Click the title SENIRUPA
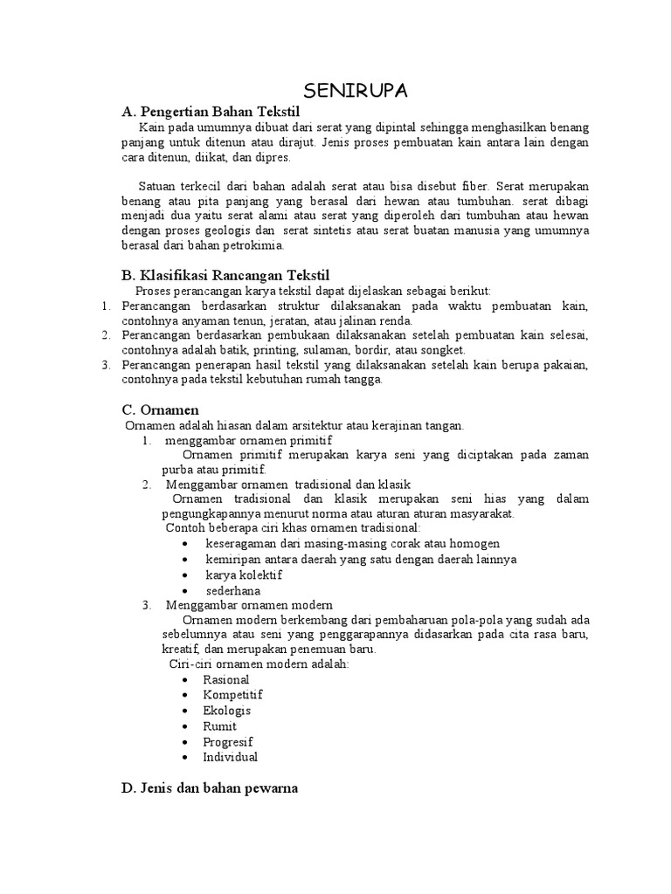click(356, 92)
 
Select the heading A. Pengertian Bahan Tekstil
click(211, 113)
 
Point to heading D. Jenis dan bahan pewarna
click(210, 787)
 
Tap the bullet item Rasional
click(226, 679)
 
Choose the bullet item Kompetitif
click(233, 695)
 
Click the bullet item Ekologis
click(227, 711)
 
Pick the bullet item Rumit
click(220, 726)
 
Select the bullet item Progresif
click(228, 742)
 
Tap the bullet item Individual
click(231, 757)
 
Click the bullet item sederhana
click(233, 590)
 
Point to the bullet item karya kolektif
click(244, 575)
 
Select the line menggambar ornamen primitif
click(248, 440)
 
